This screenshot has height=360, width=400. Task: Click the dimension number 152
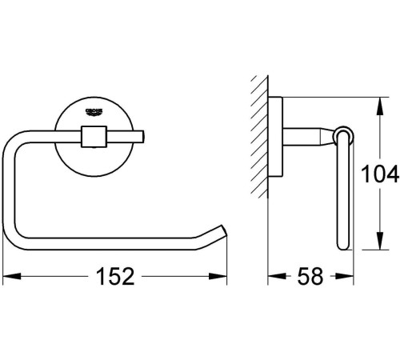tap(114, 278)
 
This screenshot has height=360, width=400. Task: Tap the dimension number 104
tap(381, 172)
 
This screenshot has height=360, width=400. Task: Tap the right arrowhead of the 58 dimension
tap(348, 278)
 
